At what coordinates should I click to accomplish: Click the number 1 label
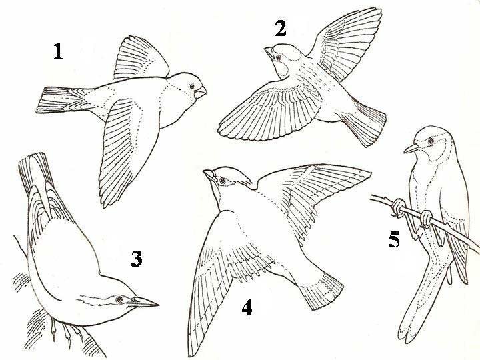click(58, 51)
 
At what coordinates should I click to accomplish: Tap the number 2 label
click(281, 28)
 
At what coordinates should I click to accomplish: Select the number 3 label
click(137, 259)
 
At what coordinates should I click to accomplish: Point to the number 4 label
click(247, 307)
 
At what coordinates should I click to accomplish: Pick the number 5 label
click(394, 239)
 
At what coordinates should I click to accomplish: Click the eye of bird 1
click(192, 86)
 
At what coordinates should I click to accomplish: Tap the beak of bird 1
click(201, 92)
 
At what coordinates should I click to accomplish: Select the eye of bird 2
click(278, 57)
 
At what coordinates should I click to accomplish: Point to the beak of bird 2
click(269, 53)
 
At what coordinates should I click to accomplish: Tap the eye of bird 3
click(119, 300)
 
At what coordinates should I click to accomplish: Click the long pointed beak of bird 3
click(145, 302)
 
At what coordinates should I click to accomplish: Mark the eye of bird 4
click(223, 180)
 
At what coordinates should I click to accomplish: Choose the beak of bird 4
click(209, 175)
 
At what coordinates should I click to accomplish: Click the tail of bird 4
click(321, 291)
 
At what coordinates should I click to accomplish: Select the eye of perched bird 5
click(431, 141)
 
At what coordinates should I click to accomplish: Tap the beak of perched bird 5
click(412, 149)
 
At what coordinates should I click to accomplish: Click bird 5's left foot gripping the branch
click(398, 208)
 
